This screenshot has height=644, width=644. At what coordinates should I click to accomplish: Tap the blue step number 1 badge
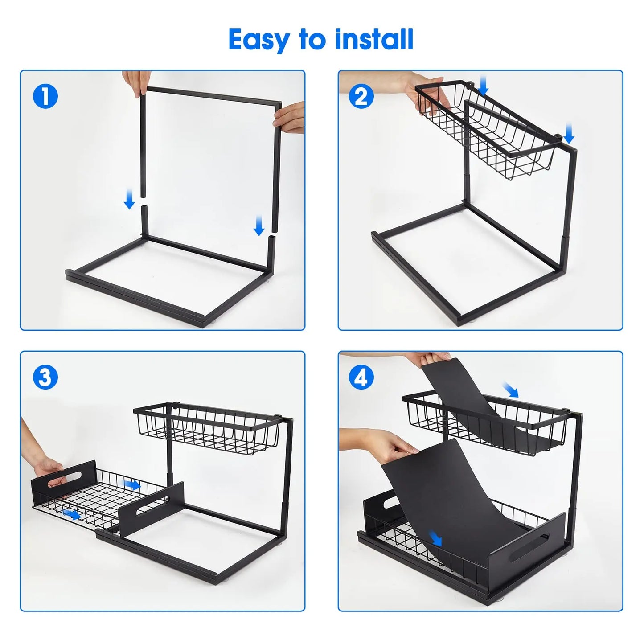pos(45,96)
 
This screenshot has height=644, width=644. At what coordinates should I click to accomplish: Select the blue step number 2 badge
pos(361,96)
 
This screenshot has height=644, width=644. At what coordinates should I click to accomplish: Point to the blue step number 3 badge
pos(45,377)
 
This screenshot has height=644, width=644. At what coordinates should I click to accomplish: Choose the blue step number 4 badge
pos(361,377)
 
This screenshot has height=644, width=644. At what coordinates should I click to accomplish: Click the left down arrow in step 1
pos(129,199)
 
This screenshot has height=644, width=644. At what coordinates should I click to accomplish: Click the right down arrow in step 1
pos(259,226)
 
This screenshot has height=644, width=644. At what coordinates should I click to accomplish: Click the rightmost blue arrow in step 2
pos(569,134)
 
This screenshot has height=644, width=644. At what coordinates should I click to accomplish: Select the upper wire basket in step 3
pos(207,428)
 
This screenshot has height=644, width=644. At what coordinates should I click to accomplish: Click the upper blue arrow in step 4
pos(511,390)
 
